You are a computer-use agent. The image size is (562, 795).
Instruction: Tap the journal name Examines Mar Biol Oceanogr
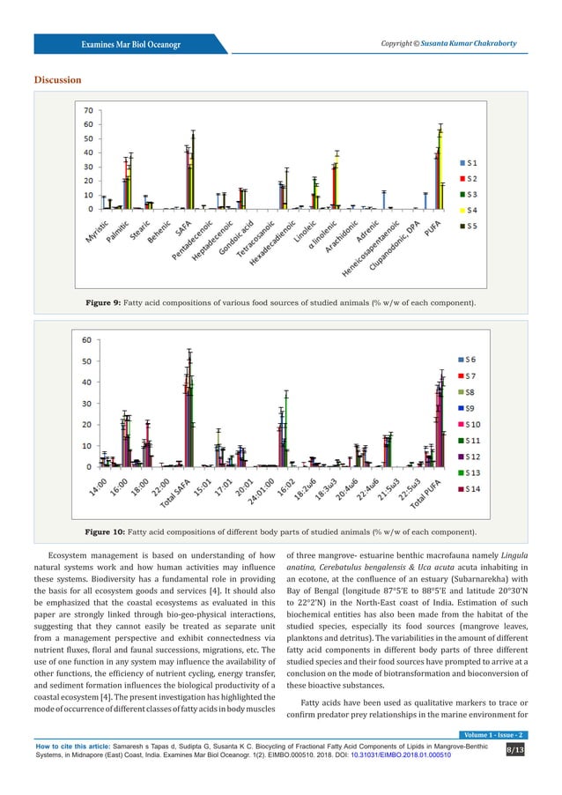[x=130, y=44]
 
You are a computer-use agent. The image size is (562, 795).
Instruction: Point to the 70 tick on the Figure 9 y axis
[x=89, y=110]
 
